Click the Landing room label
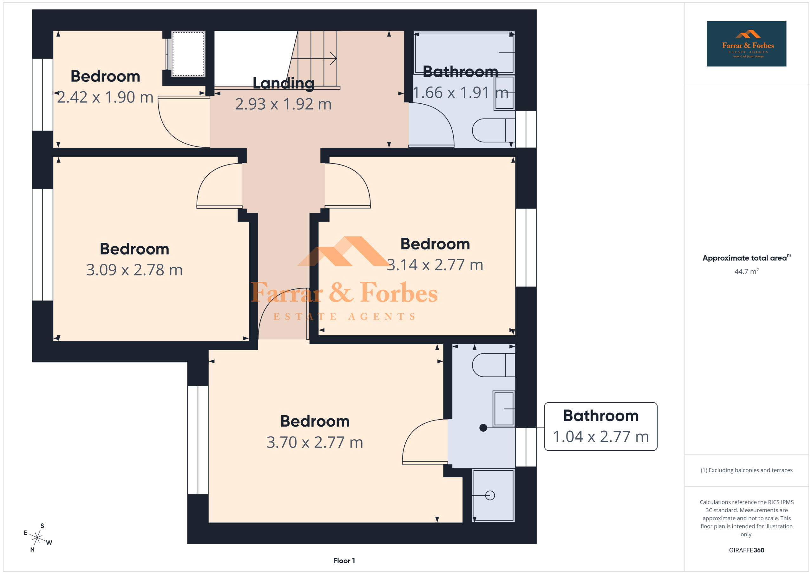click(x=283, y=83)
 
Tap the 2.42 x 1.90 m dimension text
click(x=105, y=97)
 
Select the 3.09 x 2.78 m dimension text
click(x=134, y=270)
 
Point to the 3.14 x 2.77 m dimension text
click(x=435, y=265)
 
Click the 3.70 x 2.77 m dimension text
click(x=315, y=442)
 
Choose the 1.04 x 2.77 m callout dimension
click(x=601, y=436)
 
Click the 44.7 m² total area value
click(x=747, y=271)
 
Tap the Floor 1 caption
click(x=344, y=561)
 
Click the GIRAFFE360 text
click(x=747, y=550)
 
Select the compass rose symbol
click(x=37, y=538)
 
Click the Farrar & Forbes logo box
click(x=747, y=44)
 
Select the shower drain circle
click(x=490, y=495)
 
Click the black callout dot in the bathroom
click(x=483, y=428)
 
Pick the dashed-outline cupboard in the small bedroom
click(x=188, y=54)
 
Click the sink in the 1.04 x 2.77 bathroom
click(x=504, y=409)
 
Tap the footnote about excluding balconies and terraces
click(x=747, y=470)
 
